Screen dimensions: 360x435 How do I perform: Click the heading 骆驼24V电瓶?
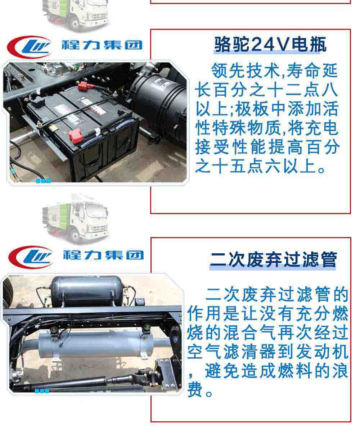(270, 44)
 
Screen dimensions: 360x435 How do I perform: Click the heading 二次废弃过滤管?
(273, 259)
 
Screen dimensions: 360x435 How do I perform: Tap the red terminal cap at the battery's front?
(75, 136)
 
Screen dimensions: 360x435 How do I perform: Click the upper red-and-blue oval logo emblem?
(30, 47)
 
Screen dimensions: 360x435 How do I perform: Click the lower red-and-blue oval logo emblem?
(31, 257)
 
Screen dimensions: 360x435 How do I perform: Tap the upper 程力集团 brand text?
(102, 45)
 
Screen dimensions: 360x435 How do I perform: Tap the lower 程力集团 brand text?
(103, 255)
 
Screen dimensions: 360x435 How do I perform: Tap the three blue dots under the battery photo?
(43, 181)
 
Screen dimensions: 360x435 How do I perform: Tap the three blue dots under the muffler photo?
(42, 391)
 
